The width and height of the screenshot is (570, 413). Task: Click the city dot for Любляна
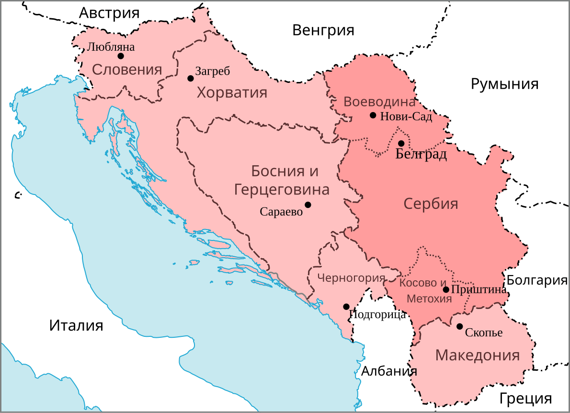[x=121, y=56]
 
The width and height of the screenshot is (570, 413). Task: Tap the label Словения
[x=126, y=70]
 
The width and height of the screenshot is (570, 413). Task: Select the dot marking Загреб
[x=190, y=79]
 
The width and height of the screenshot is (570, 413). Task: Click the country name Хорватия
[x=232, y=92]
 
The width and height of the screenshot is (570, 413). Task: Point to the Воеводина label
[x=379, y=102]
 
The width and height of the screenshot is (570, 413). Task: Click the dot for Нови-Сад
[x=373, y=115]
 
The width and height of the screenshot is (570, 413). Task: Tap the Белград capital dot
[x=401, y=143]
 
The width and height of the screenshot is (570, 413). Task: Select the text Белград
[x=421, y=154]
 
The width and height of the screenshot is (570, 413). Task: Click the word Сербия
[x=431, y=204]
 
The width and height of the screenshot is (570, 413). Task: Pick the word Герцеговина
[x=282, y=190]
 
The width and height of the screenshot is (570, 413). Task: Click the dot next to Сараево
[x=308, y=205]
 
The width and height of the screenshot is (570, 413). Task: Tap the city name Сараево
[x=281, y=212]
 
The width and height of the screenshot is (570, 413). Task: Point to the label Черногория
[x=351, y=278]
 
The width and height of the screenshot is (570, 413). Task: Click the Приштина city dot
[x=446, y=289]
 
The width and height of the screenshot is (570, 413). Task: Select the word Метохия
[x=429, y=299]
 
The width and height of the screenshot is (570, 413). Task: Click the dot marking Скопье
[x=459, y=326]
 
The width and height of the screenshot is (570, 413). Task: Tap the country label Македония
[x=477, y=356]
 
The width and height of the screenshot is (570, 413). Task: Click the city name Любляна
[x=111, y=47]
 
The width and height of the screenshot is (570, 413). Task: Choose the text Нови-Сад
[x=406, y=116]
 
